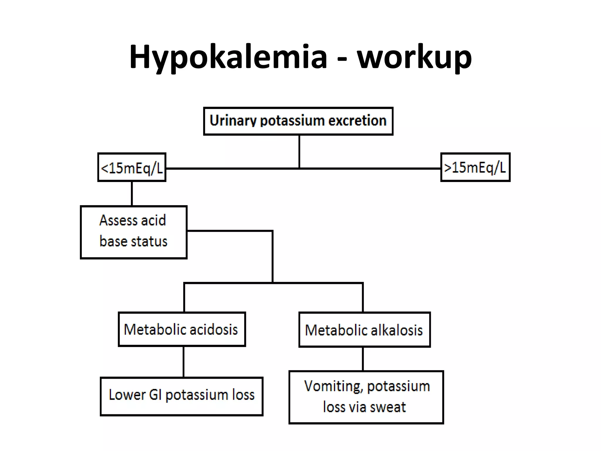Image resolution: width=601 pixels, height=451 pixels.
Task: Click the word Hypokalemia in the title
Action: coord(228,57)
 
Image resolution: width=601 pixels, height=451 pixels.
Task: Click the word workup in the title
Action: coord(414,57)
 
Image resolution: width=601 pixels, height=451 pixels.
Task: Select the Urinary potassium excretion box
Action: coord(298,121)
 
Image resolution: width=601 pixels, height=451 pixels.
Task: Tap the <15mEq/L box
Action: coord(132,167)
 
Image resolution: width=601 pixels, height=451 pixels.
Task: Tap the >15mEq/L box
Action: coord(475,167)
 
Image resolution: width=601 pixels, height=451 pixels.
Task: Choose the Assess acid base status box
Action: coord(134,232)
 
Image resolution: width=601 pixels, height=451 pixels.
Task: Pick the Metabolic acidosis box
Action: coord(182,329)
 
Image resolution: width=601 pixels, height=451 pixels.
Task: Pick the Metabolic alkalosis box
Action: coord(364,330)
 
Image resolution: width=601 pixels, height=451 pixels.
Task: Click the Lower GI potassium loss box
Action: coord(181,396)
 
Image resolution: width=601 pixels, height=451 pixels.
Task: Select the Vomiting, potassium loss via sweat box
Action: coord(366,397)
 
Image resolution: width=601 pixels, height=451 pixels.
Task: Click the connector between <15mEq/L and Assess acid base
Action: coord(132,193)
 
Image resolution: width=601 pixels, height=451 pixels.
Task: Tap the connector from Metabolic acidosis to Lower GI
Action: coord(183,362)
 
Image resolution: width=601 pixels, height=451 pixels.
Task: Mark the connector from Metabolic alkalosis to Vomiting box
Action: coord(363,359)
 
